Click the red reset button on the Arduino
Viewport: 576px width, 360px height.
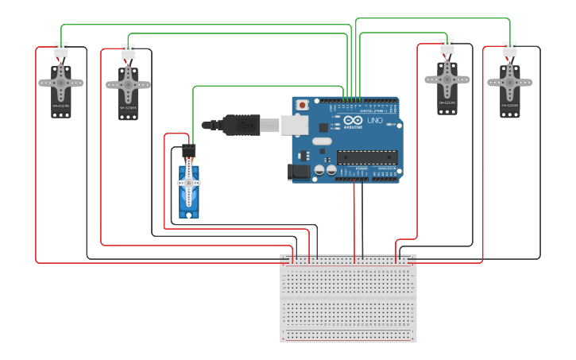point(302,105)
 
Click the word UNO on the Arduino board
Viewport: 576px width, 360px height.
point(374,121)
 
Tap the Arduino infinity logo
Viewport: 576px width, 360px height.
point(353,121)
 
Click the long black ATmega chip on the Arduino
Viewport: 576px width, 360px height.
point(367,157)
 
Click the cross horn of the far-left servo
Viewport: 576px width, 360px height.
point(60,81)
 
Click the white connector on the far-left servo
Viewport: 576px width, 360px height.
point(61,49)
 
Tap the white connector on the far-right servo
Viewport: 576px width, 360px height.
point(510,49)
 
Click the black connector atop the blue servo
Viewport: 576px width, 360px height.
point(188,150)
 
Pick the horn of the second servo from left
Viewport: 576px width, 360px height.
point(128,83)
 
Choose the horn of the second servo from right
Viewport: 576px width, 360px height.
point(446,79)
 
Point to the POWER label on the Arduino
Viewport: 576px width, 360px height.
point(361,168)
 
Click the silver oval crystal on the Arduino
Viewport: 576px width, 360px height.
point(322,141)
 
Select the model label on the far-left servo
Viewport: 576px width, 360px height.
point(61,106)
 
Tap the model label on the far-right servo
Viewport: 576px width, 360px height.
point(509,105)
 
